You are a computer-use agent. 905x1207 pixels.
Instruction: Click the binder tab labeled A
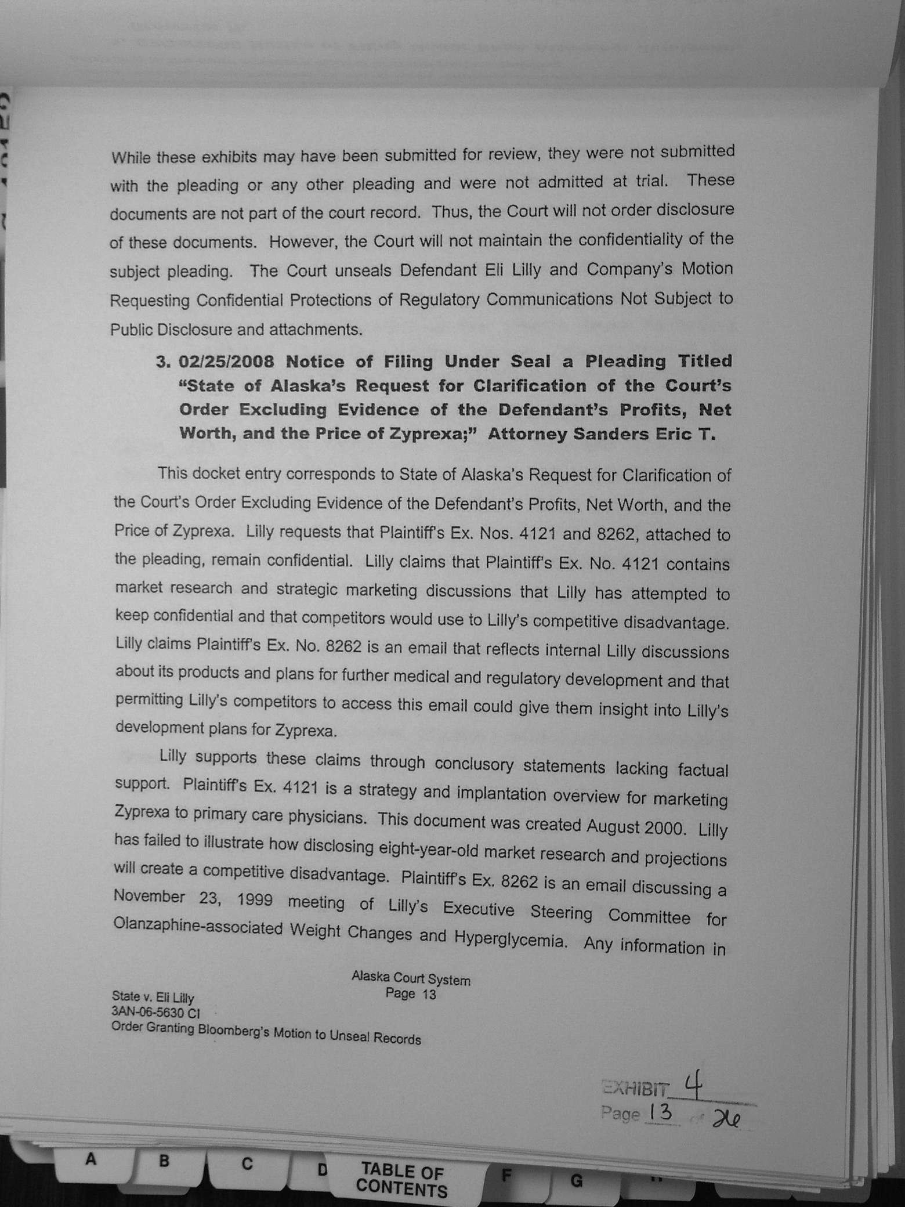[90, 1159]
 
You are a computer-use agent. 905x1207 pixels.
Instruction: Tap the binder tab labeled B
[164, 1161]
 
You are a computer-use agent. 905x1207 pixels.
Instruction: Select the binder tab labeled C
[247, 1163]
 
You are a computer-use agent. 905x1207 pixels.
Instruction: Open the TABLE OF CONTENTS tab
[402, 1180]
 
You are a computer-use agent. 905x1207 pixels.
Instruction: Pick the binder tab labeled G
[576, 1180]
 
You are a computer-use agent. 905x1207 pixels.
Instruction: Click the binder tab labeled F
[506, 1176]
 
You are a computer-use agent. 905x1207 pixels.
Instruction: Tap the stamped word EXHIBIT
[635, 1087]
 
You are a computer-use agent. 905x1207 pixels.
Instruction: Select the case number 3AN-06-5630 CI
[155, 1012]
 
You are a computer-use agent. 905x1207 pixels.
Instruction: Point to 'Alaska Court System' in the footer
[411, 980]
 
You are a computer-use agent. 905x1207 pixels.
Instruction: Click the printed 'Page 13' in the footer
[411, 994]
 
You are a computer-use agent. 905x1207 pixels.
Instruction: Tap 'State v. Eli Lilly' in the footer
[153, 998]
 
